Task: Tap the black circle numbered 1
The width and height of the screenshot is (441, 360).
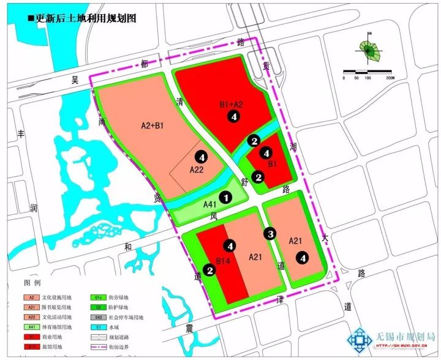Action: (226, 197)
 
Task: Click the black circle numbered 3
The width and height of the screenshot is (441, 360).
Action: (269, 233)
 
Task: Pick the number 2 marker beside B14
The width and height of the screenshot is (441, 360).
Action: (210, 270)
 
